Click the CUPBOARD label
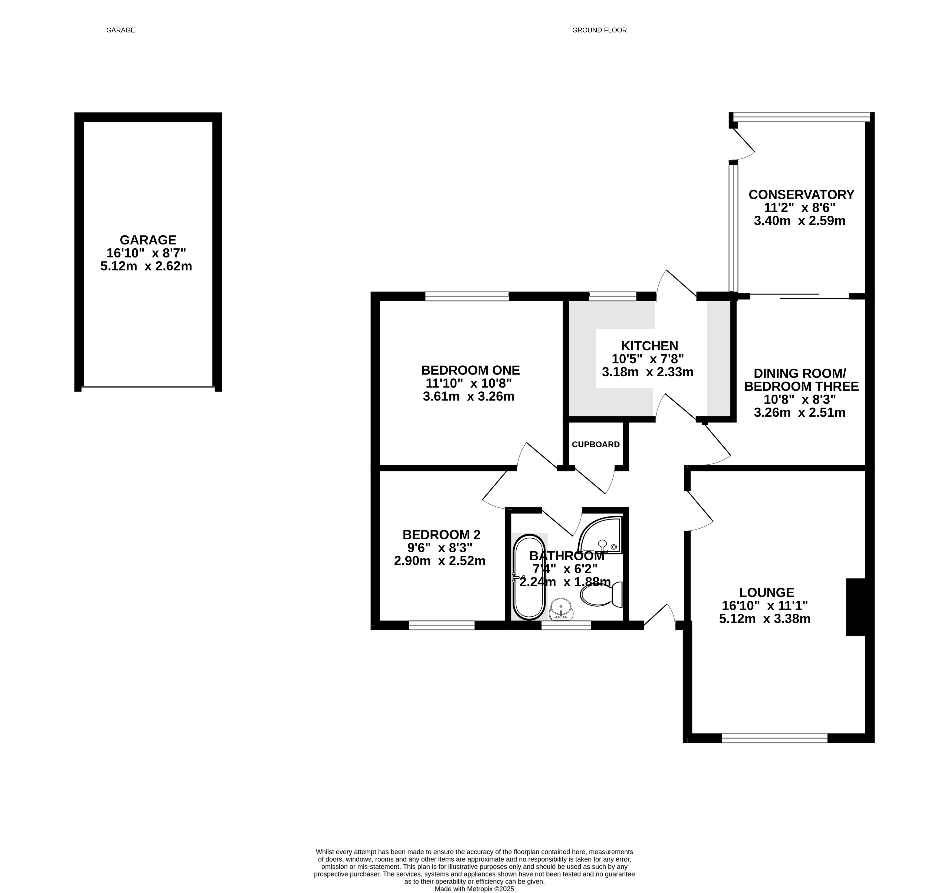[x=596, y=445]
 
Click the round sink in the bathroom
[x=561, y=609]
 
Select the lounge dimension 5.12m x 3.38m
[x=765, y=619]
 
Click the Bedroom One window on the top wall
[x=467, y=296]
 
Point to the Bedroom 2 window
[x=442, y=625]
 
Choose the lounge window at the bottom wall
[x=774, y=738]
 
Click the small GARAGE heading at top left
[x=121, y=30]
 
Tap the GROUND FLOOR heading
[x=600, y=30]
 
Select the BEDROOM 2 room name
[x=442, y=535]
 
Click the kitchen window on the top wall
[x=613, y=296]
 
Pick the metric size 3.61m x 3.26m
[x=469, y=396]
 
